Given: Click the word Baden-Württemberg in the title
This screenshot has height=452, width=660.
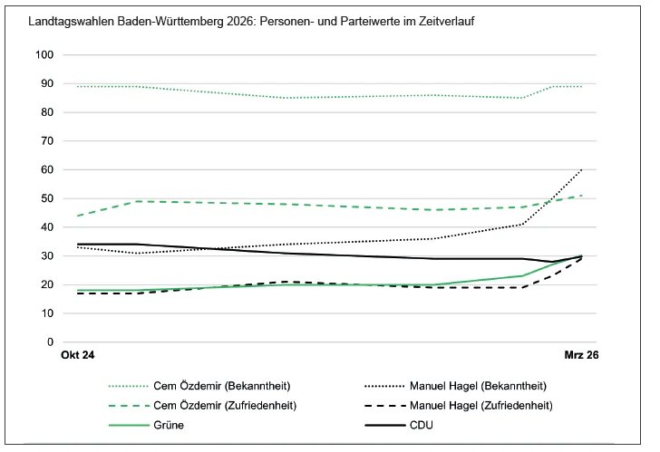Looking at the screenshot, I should [160, 20].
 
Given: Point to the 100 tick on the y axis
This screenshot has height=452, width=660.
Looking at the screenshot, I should [45, 55].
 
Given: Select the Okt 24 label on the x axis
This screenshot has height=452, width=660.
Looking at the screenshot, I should [78, 357].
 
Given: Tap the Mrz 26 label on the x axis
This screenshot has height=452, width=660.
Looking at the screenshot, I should [580, 357].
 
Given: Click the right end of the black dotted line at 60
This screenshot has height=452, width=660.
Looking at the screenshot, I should [582, 170].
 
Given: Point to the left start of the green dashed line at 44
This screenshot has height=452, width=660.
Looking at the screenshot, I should [79, 216].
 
